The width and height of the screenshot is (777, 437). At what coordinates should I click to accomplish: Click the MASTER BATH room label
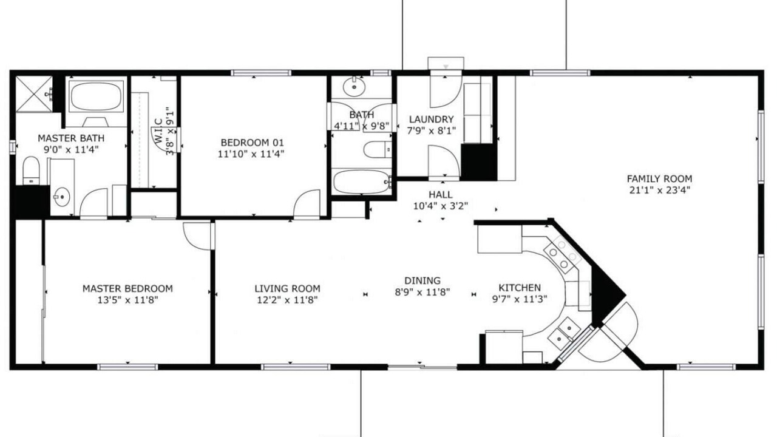[x=71, y=138]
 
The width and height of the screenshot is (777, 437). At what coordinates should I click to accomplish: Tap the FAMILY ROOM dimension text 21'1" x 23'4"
[x=659, y=190]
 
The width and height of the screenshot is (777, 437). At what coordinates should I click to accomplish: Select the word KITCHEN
[x=520, y=288]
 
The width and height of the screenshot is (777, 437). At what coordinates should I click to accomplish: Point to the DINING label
[x=422, y=280]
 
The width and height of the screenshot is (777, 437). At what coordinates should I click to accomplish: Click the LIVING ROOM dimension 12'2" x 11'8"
[x=287, y=300]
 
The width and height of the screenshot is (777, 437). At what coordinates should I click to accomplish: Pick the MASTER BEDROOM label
[x=127, y=288]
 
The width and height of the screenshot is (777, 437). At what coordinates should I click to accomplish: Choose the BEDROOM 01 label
[x=252, y=143]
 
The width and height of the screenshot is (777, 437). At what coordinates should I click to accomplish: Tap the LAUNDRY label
[x=432, y=120]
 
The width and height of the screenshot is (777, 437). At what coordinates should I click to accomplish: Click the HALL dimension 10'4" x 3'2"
[x=441, y=206]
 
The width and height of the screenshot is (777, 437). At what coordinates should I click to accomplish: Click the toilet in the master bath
[x=31, y=171]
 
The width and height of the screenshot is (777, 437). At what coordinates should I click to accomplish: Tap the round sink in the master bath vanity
[x=62, y=197]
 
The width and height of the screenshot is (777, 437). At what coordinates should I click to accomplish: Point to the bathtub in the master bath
[x=96, y=97]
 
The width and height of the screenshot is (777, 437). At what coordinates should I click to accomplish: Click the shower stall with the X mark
[x=34, y=94]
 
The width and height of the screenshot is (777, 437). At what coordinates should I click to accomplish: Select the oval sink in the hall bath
[x=354, y=87]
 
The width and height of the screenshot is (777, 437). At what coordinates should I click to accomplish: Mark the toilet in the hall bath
[x=378, y=150]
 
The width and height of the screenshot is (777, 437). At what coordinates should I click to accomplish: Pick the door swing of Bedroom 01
[x=307, y=204]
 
